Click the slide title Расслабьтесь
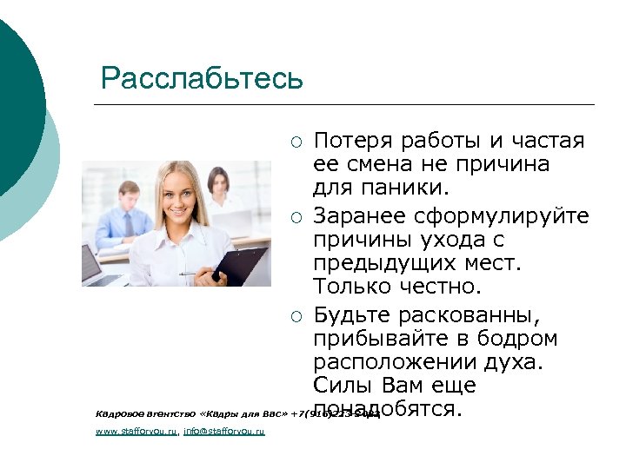point(202,78)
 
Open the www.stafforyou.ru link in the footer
point(136,431)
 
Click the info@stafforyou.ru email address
point(224,431)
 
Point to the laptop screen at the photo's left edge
point(92,263)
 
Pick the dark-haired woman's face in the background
point(217,184)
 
